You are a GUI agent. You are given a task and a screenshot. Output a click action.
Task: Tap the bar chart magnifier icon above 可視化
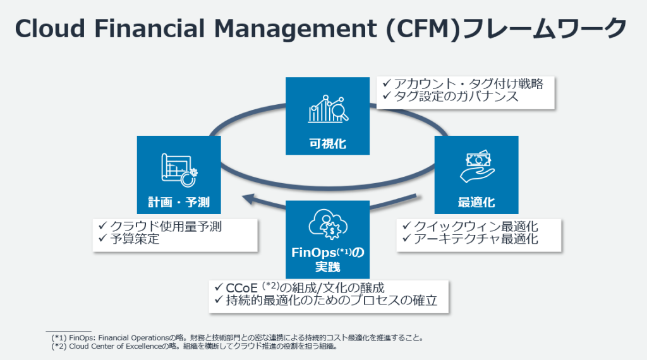[x=326, y=109]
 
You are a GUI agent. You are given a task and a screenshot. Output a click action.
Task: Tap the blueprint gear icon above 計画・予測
[x=179, y=169]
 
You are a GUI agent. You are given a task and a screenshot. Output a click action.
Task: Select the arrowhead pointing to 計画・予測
[x=250, y=201]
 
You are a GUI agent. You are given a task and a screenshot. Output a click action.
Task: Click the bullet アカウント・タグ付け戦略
[x=468, y=83]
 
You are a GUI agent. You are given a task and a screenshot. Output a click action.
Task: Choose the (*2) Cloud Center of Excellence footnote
[x=197, y=346]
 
